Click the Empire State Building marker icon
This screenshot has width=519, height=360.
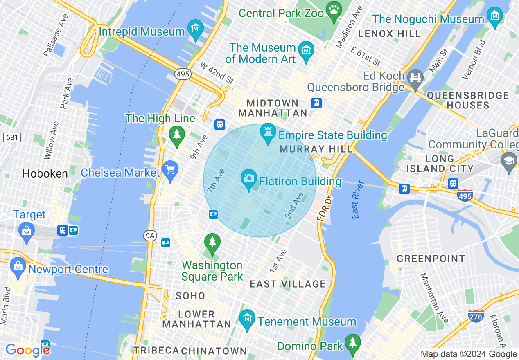(x=268, y=133)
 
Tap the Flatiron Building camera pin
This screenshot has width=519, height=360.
(x=248, y=178)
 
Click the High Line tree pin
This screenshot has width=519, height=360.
(x=177, y=135)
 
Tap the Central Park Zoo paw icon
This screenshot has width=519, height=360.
(x=334, y=10)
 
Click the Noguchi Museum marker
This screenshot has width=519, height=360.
(x=495, y=16)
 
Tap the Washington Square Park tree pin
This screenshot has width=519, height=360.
(x=212, y=242)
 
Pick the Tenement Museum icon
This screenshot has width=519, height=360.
(x=247, y=319)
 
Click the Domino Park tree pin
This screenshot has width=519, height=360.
(x=352, y=343)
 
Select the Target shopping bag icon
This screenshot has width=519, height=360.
(x=27, y=231)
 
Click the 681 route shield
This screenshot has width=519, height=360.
(x=12, y=137)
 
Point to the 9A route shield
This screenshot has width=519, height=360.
(x=150, y=235)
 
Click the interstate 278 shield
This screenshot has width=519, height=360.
(x=476, y=315)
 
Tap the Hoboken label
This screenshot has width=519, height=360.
(x=45, y=173)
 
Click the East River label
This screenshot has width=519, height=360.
(x=355, y=200)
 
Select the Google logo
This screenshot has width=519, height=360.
(x=27, y=350)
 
